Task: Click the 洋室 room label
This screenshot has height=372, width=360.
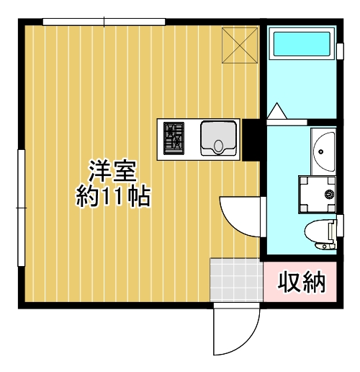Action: pos(114,171)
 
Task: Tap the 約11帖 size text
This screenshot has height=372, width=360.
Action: pos(114,196)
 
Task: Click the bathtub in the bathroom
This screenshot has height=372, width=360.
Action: pos(302,45)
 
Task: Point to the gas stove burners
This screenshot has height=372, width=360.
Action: pos(174,138)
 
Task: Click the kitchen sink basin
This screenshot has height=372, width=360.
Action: pos(218,138)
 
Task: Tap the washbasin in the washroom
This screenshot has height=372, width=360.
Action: pos(324,151)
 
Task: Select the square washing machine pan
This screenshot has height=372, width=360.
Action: pos(318,194)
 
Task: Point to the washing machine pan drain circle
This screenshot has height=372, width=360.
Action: pos(330,194)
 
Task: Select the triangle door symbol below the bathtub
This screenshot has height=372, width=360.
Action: pos(276,112)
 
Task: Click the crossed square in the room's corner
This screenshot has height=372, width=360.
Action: pos(239,45)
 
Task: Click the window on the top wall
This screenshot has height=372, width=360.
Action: pos(104,22)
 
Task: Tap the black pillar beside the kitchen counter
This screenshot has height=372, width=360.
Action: pos(252,139)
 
